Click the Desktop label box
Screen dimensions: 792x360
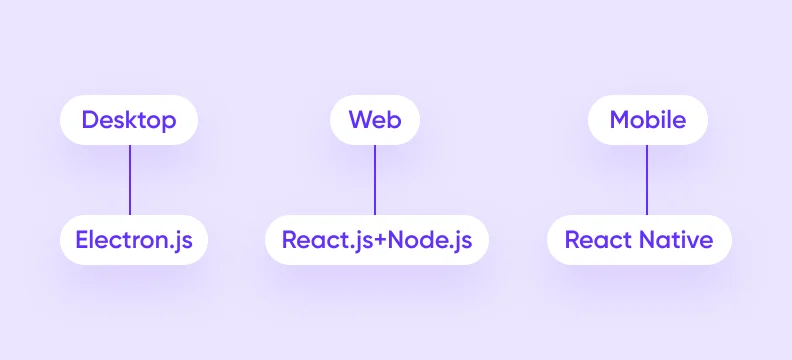click(x=129, y=121)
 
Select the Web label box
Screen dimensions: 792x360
click(x=375, y=121)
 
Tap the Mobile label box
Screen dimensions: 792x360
click(x=647, y=121)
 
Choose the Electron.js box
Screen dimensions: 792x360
click(x=134, y=240)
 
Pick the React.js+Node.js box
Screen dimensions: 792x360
click(x=376, y=240)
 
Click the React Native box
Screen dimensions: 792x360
click(x=639, y=240)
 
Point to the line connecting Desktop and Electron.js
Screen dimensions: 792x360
click(x=130, y=180)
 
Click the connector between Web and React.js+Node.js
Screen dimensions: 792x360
click(x=375, y=180)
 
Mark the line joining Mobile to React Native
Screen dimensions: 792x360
click(x=646, y=180)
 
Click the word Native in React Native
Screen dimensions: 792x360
click(x=678, y=240)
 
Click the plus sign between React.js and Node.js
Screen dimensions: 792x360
click(x=378, y=241)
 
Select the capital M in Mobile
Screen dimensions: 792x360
click(x=619, y=121)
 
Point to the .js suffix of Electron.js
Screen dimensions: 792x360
click(x=178, y=241)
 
